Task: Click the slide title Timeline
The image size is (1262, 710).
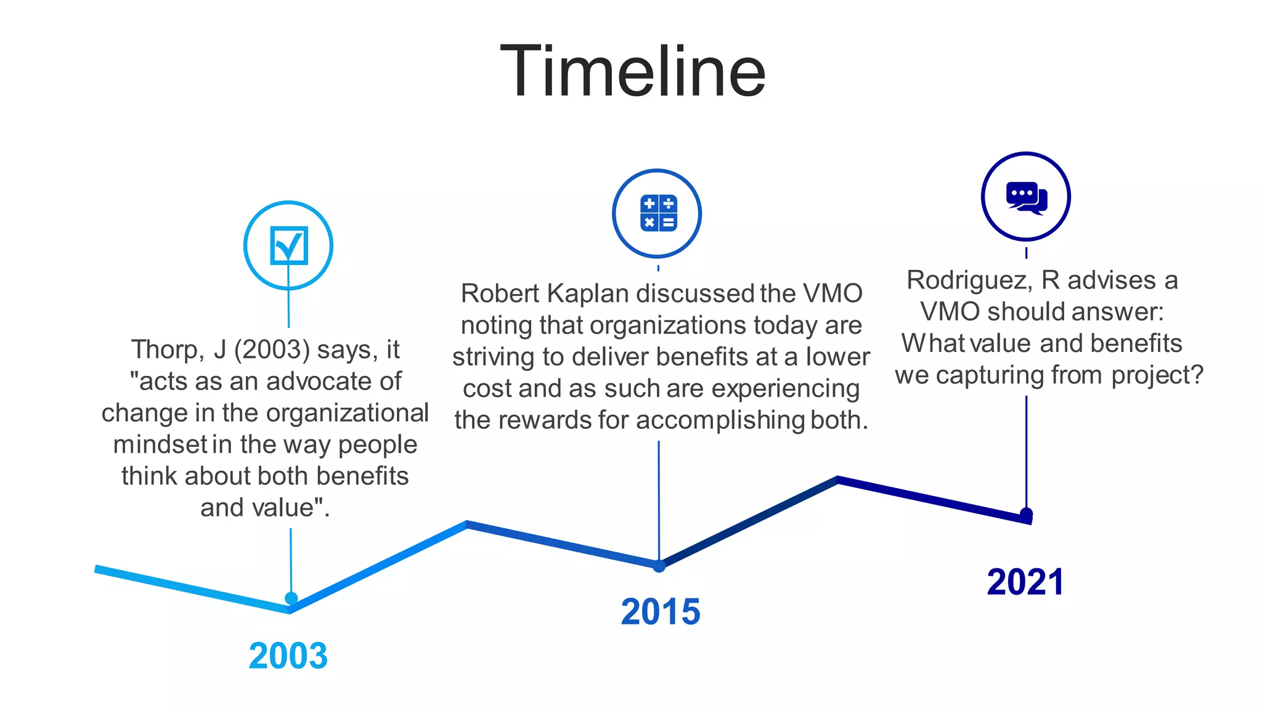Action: [632, 71]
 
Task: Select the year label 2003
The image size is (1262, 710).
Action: [288, 655]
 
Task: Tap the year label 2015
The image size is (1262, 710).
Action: [661, 611]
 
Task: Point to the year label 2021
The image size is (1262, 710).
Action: [1025, 582]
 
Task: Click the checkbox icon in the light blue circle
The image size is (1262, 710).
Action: [288, 245]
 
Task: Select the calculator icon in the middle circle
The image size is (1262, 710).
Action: [658, 213]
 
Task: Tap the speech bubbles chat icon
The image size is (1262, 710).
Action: [1026, 197]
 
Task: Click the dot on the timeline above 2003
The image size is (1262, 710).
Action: [291, 598]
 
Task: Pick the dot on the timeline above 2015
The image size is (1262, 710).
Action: [659, 566]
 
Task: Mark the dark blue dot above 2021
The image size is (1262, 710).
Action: [1026, 513]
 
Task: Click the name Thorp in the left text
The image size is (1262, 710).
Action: [165, 349]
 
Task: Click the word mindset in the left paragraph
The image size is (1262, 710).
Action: [160, 444]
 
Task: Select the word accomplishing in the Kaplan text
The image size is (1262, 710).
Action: [720, 420]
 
